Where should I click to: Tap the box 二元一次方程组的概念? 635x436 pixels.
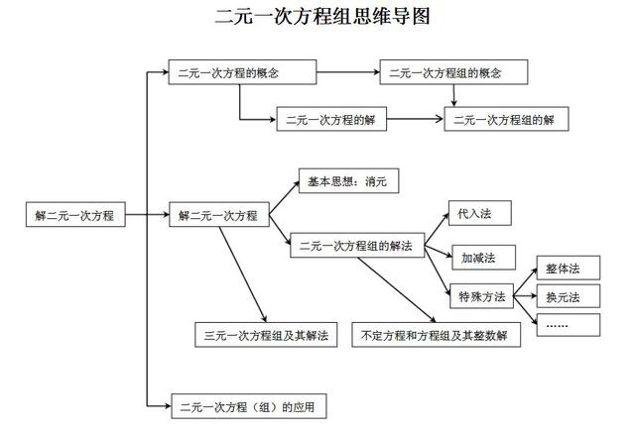(x=452, y=73)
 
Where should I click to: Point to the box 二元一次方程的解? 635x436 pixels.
(x=331, y=119)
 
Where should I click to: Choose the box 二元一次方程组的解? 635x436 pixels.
(x=511, y=119)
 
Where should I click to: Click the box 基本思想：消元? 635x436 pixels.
(x=348, y=182)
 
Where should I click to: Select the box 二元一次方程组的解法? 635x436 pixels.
(x=357, y=247)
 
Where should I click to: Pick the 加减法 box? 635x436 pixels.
(x=477, y=258)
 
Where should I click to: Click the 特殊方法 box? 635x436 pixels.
(x=482, y=295)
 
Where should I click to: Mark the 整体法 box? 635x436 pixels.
(x=563, y=269)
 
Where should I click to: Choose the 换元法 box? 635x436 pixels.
(x=563, y=296)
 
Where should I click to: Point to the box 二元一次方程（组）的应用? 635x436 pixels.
(x=248, y=406)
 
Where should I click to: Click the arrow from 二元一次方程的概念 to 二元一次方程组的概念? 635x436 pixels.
(x=347, y=73)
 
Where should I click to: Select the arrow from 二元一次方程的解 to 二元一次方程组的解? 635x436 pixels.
(x=415, y=119)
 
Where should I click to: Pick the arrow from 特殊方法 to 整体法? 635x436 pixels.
(x=523, y=282)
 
